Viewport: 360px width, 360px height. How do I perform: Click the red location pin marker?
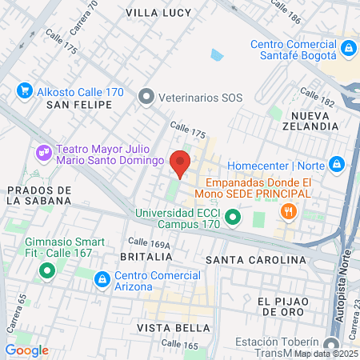[181, 162]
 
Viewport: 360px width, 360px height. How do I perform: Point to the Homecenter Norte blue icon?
[337, 165]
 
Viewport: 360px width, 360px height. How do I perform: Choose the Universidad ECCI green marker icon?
[233, 217]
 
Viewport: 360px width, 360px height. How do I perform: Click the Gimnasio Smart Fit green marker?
[47, 271]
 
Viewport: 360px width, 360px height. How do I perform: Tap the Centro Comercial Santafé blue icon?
[348, 50]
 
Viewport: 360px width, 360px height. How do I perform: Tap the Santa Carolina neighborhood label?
[256, 260]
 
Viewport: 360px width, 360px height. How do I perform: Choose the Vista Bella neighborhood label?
[167, 328]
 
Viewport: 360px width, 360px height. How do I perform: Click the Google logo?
[27, 350]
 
